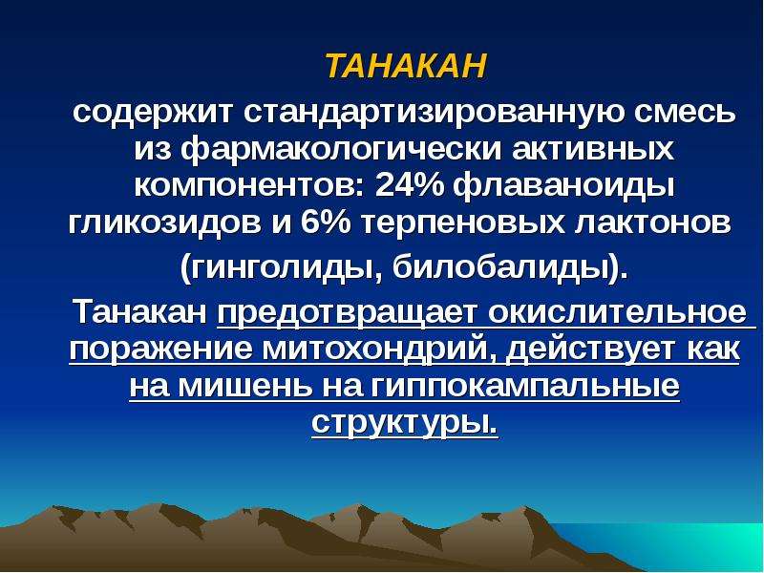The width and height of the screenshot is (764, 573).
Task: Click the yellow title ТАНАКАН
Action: (406, 66)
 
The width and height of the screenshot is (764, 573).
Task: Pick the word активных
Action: (593, 150)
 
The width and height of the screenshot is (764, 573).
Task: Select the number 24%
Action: (409, 185)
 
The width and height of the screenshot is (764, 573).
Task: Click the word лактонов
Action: (653, 223)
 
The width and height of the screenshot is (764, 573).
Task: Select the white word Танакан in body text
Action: (140, 312)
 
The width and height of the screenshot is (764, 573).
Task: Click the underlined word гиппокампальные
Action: (524, 388)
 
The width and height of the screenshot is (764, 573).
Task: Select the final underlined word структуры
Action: (404, 423)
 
